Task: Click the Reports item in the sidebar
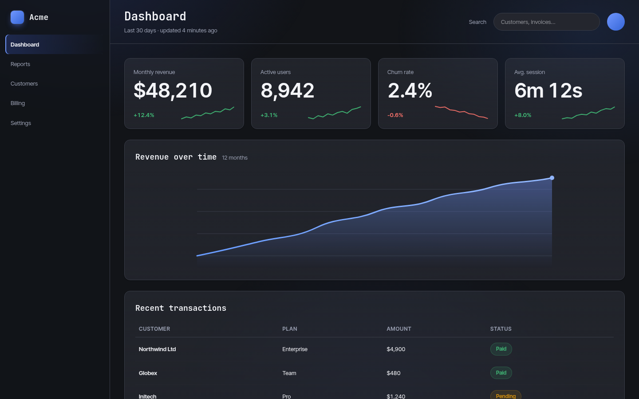coord(20,64)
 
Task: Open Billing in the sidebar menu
coord(18,103)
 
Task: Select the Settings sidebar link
coord(21,123)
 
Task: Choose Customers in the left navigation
coord(24,83)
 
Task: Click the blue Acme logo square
coord(17,17)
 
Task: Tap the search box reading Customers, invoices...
coord(546,22)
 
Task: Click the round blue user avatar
coord(615,22)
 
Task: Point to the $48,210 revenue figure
coord(173,90)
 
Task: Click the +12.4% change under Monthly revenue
coord(144,115)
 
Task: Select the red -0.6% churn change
coord(395,115)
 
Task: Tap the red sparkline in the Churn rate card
coord(461,112)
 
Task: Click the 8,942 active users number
coord(287,90)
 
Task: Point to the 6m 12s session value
coord(548,90)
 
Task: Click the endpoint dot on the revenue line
coord(552,178)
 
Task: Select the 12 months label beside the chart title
coord(234,158)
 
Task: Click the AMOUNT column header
coord(399,329)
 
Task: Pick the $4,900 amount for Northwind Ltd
coord(396,349)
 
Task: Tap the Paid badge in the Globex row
coord(501,373)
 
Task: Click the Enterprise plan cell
coord(295,349)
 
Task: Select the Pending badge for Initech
coord(505,396)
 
